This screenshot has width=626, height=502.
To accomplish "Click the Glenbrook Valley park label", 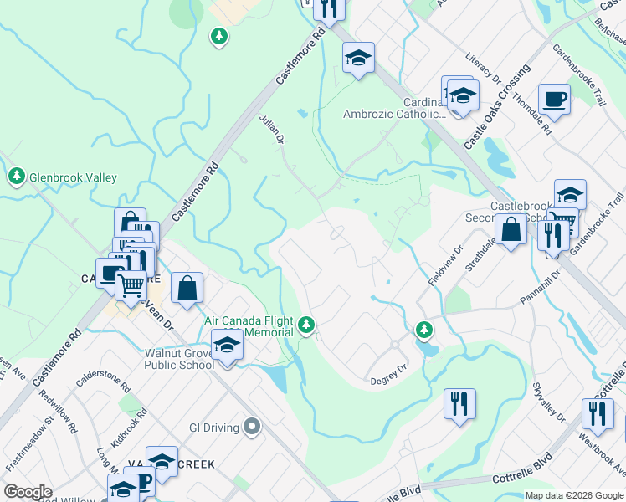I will (x=73, y=177).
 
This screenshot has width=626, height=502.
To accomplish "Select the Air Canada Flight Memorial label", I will (x=249, y=326).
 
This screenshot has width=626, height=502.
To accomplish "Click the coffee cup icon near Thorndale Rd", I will (x=554, y=100).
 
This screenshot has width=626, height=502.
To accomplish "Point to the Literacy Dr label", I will (x=483, y=68).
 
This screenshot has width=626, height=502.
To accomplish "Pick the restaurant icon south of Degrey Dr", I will (x=459, y=404).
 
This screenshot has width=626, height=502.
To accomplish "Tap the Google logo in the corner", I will (x=28, y=492).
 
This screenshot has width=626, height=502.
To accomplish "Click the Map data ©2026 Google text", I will (x=574, y=495).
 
